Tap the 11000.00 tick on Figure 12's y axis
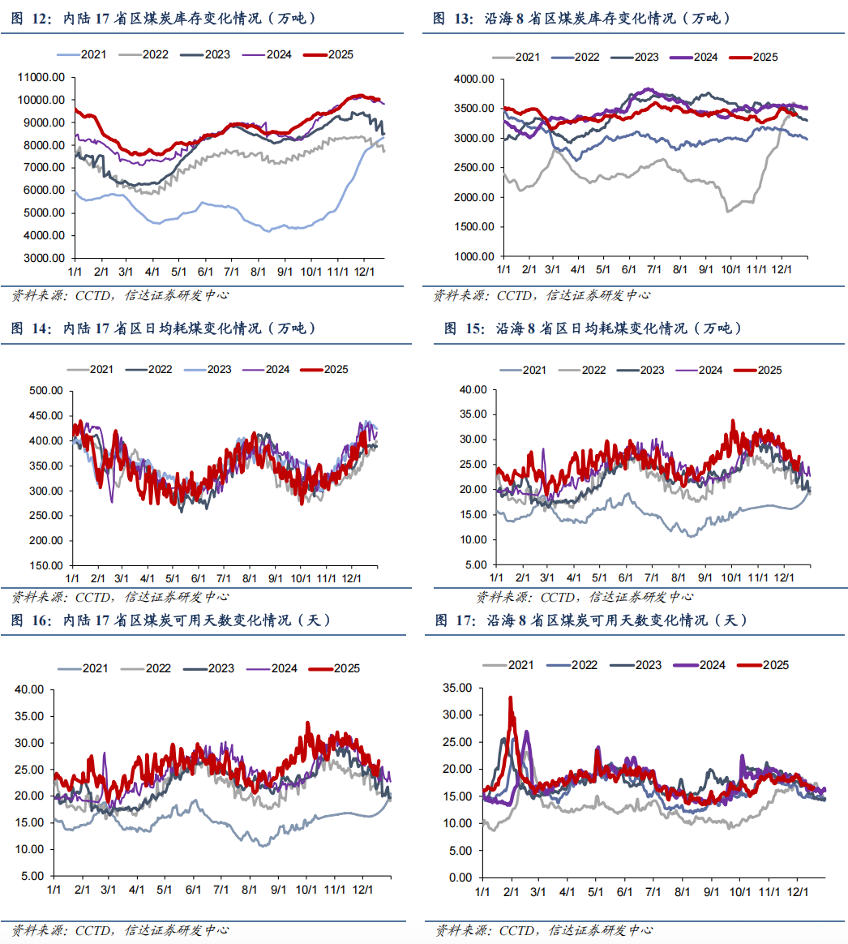(41, 77)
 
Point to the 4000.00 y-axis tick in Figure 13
(473, 79)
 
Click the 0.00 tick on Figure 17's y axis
(458, 877)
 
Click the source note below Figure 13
(541, 295)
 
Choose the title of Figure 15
(592, 328)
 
